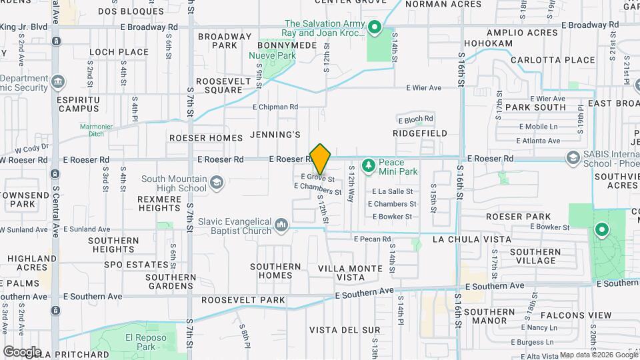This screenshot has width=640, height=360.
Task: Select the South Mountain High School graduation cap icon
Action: tap(217, 182)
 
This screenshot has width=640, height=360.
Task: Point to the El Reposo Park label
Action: tap(140, 342)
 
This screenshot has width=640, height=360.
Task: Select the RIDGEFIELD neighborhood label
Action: tap(420, 133)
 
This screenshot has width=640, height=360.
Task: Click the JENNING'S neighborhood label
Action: tap(275, 135)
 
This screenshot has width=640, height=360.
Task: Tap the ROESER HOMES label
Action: tap(206, 138)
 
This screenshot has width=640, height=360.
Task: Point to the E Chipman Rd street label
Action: tap(275, 107)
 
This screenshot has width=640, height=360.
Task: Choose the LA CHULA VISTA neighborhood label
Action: tap(472, 239)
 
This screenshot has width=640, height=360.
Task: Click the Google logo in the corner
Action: tap(21, 351)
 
